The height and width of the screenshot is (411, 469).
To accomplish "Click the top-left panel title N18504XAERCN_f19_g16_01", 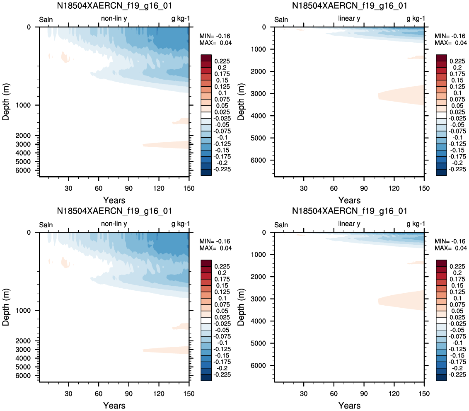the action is [x=114, y=6].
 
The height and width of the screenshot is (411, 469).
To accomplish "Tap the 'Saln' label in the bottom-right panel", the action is [x=281, y=225].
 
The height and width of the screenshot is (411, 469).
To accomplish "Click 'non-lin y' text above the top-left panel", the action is [x=114, y=19].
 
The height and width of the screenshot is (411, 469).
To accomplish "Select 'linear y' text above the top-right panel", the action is [x=349, y=19].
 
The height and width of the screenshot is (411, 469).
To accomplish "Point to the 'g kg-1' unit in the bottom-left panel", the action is [x=180, y=224].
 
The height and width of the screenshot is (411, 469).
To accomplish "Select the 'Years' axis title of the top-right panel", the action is [x=349, y=200].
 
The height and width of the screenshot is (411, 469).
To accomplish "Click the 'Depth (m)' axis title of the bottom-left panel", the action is [x=6, y=307].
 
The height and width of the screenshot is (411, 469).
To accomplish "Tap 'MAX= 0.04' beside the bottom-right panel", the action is [x=451, y=248].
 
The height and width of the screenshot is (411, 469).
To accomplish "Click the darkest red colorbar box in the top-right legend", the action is [x=441, y=58].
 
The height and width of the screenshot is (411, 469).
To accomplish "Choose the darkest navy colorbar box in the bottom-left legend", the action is [x=206, y=377].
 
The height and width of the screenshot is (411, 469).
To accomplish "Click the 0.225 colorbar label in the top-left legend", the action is [x=222, y=61].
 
